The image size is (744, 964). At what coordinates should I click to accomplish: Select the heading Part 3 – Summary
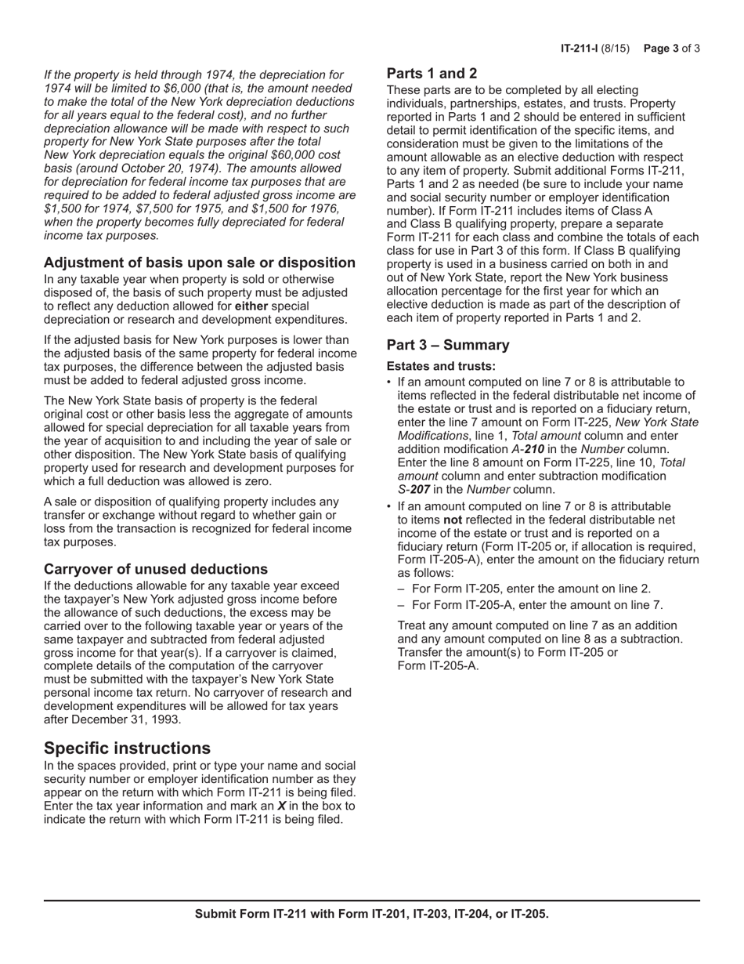pos(448,346)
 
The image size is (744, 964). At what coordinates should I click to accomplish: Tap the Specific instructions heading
pos(127,747)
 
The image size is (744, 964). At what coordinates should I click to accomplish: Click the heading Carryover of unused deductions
pos(156,569)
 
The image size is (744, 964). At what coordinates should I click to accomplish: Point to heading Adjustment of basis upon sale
pos(199,263)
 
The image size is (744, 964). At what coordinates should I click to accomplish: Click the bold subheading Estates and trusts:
pos(441,366)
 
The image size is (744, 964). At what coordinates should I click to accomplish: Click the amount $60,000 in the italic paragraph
pos(279,155)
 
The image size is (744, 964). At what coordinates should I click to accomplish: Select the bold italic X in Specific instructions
pos(282,806)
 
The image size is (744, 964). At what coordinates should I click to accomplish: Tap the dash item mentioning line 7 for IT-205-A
pos(537,605)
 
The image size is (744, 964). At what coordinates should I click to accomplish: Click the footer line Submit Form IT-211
pos(371,914)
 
